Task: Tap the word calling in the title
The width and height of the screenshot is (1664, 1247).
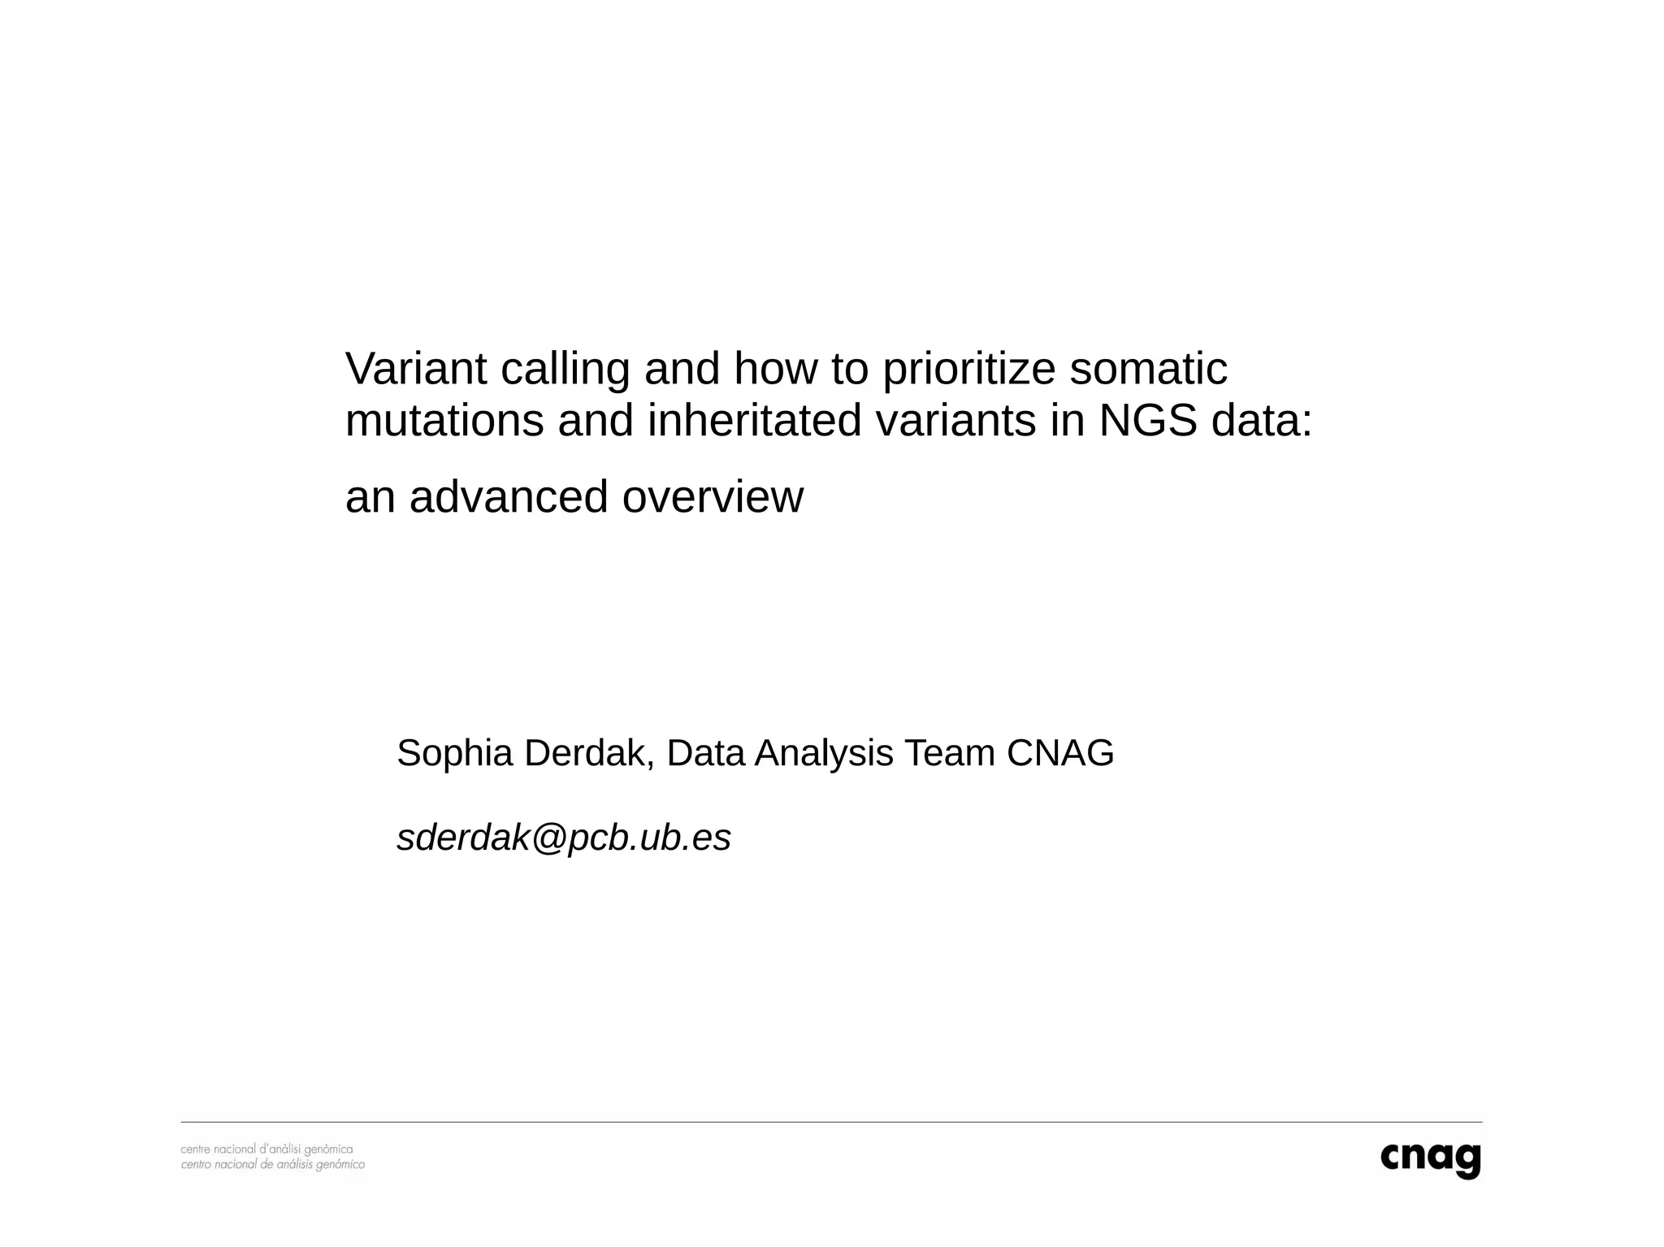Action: (565, 370)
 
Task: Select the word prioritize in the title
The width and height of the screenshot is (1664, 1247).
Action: (968, 370)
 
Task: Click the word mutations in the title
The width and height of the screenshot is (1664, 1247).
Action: (444, 421)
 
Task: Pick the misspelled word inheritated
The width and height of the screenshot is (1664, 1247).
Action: (754, 421)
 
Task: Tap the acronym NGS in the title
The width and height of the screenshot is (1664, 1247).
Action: (1147, 421)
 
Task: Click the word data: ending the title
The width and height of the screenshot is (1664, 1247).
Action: (1261, 421)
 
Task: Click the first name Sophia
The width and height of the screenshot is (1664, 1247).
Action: (455, 754)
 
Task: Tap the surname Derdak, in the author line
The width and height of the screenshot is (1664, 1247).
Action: (589, 753)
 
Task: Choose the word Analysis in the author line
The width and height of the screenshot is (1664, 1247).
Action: (824, 754)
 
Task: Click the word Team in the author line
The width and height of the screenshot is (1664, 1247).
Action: (950, 753)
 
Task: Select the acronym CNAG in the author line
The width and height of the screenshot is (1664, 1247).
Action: (1060, 753)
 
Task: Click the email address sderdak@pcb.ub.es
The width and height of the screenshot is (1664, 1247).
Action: (564, 838)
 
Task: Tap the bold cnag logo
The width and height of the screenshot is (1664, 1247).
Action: (1430, 1159)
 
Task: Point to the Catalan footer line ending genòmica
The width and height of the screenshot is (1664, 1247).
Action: (266, 1150)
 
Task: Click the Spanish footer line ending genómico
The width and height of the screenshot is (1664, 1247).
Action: (272, 1165)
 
